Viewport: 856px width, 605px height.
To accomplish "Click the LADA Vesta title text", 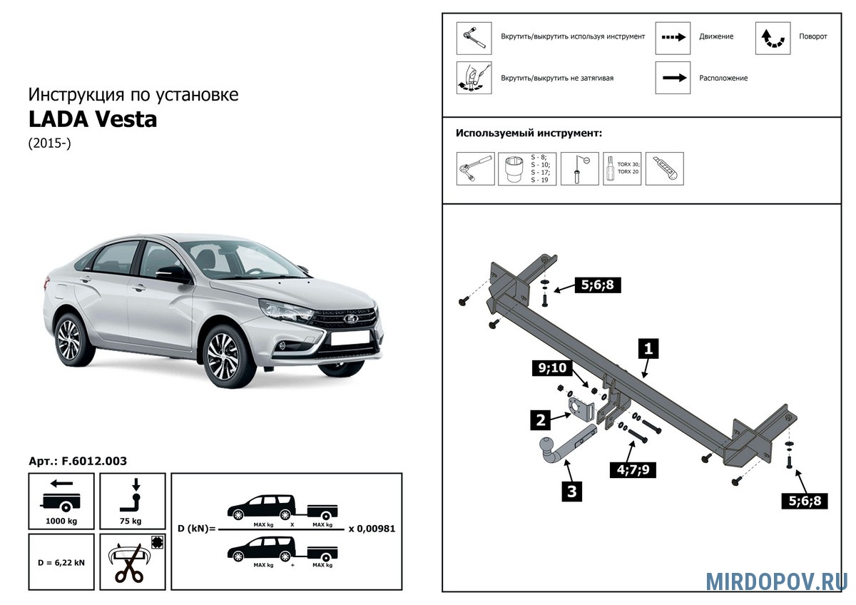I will (93, 119).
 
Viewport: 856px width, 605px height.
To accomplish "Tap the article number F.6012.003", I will (93, 461).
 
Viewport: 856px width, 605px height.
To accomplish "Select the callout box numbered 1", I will (648, 349).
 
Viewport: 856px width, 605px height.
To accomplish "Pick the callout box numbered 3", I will (571, 491).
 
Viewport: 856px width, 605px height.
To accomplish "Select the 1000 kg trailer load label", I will (61, 521).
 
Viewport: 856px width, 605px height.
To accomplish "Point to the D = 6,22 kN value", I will (61, 562).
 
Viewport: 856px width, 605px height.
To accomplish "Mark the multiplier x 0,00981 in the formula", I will (372, 529).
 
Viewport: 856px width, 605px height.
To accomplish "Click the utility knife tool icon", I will (664, 169).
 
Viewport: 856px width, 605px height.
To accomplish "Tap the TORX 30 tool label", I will (628, 165).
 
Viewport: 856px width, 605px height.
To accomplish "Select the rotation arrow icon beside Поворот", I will (773, 39).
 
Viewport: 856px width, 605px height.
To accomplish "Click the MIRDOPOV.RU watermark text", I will (776, 581).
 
